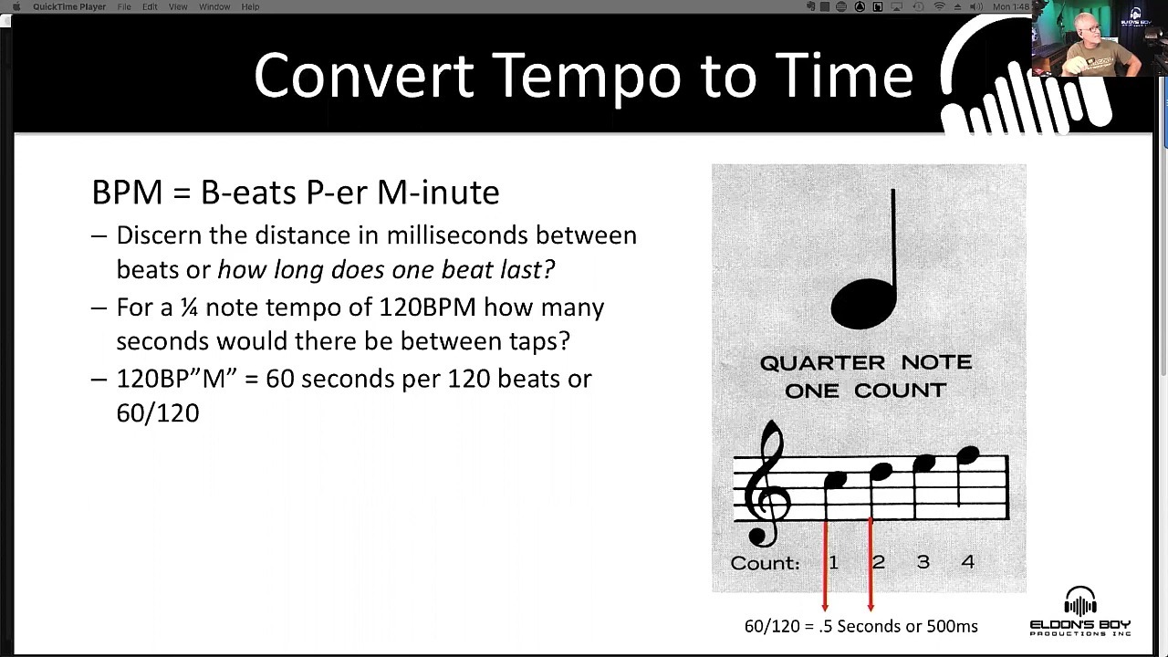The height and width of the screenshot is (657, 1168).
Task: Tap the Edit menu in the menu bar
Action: coord(150,6)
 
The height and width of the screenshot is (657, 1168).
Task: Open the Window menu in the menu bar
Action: coord(214,6)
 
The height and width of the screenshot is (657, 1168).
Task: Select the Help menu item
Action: coord(250,6)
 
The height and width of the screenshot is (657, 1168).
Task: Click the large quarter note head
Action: coord(864,304)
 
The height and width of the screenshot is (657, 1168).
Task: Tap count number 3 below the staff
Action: coord(923,561)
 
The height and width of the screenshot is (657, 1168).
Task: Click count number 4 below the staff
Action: coord(968,561)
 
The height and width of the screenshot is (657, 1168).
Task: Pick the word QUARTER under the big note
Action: coord(822,362)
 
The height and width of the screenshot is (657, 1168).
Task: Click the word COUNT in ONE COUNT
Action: coord(900,391)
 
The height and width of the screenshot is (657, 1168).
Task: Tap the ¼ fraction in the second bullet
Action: coord(189,308)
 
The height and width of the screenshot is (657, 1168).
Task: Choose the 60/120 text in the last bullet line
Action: coord(158,413)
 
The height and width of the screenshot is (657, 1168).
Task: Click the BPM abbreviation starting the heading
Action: coord(127,192)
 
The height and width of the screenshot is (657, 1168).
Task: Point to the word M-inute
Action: coord(438,192)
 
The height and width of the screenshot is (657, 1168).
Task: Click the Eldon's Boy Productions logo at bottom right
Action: coord(1080,611)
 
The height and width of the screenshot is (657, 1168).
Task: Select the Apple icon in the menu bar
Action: coord(16,6)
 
